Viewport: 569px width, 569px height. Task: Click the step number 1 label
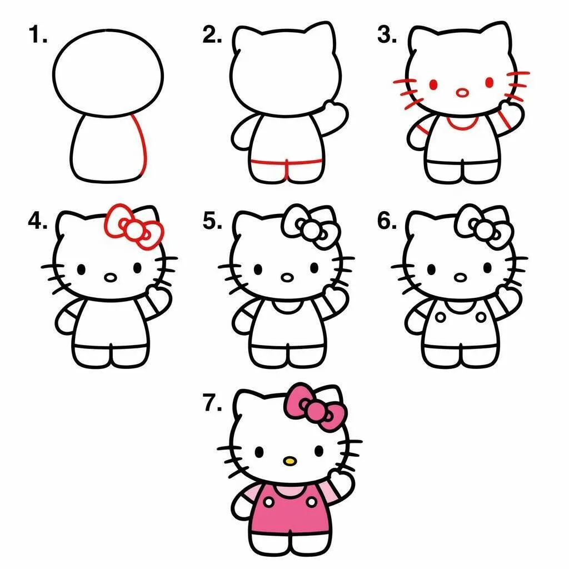(x=38, y=36)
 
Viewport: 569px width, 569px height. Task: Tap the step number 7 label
(x=212, y=404)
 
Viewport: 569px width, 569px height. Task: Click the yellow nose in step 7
(x=289, y=461)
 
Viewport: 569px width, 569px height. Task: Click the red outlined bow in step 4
(x=133, y=225)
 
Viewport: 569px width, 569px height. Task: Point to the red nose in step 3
(x=462, y=93)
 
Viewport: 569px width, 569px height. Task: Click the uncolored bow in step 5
(x=310, y=226)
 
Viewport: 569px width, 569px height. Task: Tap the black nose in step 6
(x=460, y=277)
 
